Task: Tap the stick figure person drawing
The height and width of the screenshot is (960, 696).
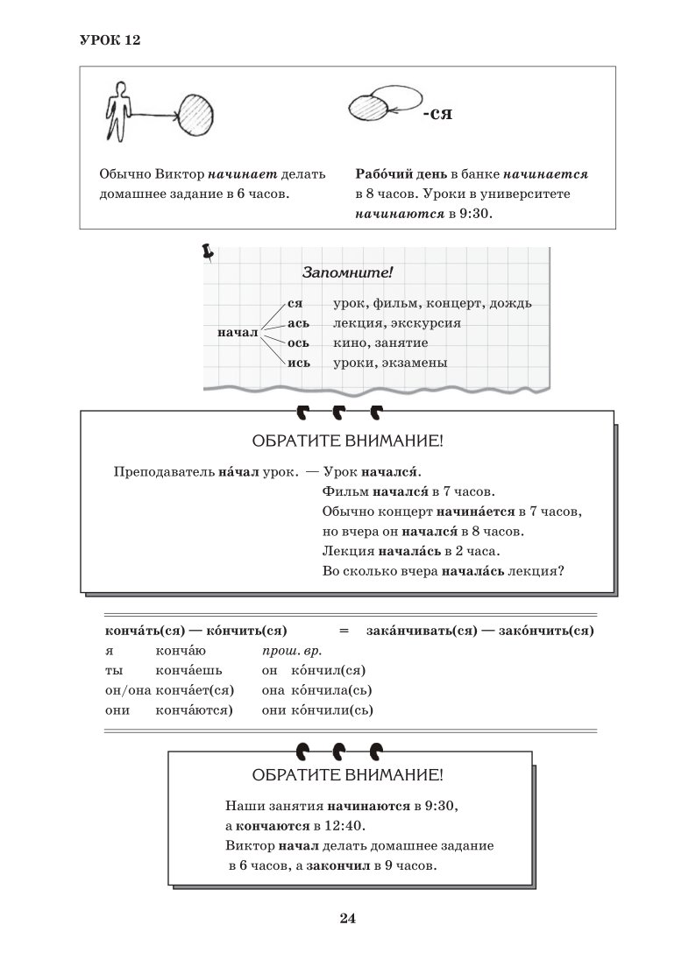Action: point(117,110)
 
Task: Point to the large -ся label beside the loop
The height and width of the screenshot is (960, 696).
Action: point(437,115)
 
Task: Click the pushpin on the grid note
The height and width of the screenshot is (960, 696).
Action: point(208,252)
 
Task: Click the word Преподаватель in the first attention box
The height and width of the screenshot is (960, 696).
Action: point(160,471)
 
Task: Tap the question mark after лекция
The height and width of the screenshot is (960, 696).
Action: point(560,572)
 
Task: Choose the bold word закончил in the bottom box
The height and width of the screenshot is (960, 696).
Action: point(337,866)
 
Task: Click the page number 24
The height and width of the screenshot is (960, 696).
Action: point(347,918)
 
